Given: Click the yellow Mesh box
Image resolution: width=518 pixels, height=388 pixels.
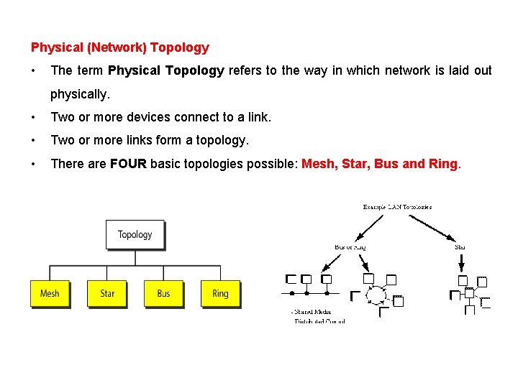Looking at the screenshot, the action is coord(50,293).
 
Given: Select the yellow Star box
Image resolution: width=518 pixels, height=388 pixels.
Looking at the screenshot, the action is coord(107,293).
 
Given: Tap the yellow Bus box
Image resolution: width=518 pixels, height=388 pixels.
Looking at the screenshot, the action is coord(164,293).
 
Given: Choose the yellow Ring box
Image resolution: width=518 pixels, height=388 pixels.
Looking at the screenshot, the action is coord(220,293).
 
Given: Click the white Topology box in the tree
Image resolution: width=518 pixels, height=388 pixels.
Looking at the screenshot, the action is coord(135,234).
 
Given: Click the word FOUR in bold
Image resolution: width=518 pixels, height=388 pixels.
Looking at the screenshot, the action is coord(129,164).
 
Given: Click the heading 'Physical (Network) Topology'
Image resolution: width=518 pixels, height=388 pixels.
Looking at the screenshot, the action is coord(119,47).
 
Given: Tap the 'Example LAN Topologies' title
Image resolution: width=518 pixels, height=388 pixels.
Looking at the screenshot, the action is coord(397,207).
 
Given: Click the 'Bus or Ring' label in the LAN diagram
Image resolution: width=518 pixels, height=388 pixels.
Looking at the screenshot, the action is coord(350,247).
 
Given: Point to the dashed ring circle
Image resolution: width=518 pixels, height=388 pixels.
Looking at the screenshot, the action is coord(374,295).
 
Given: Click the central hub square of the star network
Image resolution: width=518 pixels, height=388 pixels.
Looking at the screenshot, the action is coord(469,292).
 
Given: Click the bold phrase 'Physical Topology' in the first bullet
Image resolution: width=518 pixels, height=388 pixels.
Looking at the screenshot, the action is coord(165,70).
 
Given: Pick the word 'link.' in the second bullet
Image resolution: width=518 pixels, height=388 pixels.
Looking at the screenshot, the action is coord(259,116).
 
